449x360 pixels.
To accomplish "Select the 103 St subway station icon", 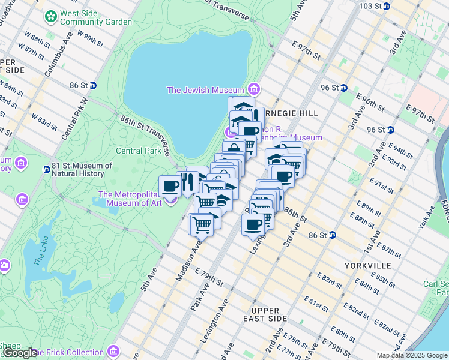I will click(x=387, y=6).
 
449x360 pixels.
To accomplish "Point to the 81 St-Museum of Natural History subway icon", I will click(x=46, y=169).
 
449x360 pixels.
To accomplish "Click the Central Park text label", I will click(x=138, y=151).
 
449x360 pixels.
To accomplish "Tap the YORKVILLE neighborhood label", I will click(x=368, y=265).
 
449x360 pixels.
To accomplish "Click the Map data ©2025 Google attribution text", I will click(x=411, y=355).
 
